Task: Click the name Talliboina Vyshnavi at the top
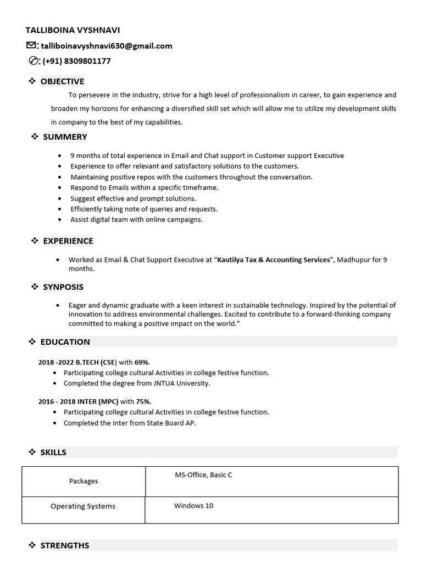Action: point(73,30)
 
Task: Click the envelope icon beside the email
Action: point(31,46)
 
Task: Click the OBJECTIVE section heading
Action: point(62,81)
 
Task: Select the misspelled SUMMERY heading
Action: point(65,137)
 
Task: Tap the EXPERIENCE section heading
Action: point(68,241)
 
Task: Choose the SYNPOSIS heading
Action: point(63,287)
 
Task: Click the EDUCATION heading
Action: point(65,342)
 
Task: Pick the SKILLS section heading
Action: point(53,452)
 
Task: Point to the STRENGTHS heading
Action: point(65,545)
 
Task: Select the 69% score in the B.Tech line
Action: point(142,362)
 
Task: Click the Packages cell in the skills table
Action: point(84,481)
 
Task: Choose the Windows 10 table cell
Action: point(193,506)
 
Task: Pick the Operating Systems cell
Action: point(83,506)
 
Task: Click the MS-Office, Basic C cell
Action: point(203,475)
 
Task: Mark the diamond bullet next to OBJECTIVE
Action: point(32,81)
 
